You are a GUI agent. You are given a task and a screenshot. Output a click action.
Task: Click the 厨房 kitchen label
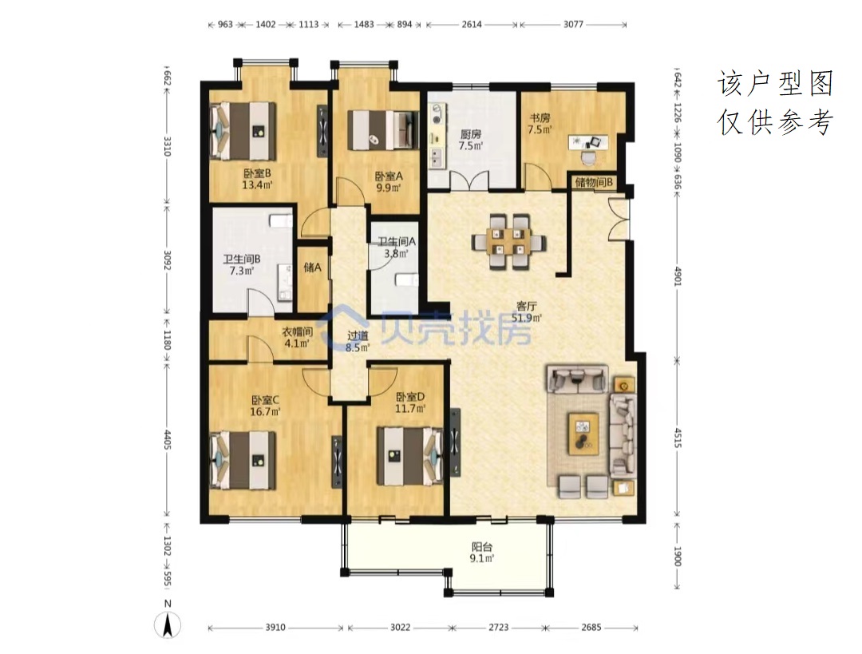click(x=471, y=133)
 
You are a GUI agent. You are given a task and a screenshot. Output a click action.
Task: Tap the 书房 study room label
click(x=540, y=117)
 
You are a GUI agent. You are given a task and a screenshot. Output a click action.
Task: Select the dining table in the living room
click(x=508, y=242)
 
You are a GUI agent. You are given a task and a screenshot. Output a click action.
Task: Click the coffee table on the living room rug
click(x=583, y=434)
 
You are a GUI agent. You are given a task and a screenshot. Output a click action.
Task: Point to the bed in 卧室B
click(x=243, y=131)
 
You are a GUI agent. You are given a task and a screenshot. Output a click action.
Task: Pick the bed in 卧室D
click(x=410, y=456)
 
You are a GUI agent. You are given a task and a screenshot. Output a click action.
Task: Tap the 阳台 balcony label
click(x=481, y=547)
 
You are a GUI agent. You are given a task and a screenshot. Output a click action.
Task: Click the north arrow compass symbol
click(x=168, y=624)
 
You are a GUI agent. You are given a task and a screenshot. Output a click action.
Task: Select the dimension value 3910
click(x=275, y=627)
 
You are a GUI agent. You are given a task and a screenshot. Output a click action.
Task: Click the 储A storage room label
click(x=312, y=268)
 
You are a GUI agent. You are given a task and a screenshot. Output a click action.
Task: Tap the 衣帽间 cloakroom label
click(x=298, y=331)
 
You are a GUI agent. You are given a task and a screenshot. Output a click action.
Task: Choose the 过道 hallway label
click(x=358, y=335)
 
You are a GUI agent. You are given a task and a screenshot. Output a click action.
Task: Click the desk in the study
click(x=588, y=142)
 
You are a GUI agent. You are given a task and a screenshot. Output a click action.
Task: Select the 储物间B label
click(x=594, y=182)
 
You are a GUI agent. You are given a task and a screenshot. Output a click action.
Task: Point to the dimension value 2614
click(x=472, y=24)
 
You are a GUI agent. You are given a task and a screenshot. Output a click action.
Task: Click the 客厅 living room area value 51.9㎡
click(x=527, y=318)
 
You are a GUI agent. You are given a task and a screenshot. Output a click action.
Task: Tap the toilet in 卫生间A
click(x=405, y=279)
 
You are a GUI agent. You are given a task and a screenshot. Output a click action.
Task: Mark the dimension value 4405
click(x=168, y=440)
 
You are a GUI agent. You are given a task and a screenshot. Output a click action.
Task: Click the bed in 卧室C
click(x=243, y=460)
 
